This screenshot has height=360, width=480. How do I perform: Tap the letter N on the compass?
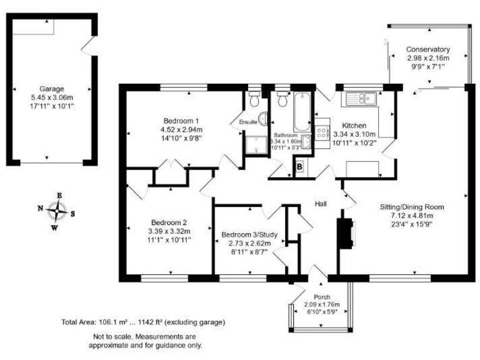click(40, 209)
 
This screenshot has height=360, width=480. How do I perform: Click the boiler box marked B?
click(300, 167)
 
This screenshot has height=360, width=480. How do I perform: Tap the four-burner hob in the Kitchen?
click(324, 132)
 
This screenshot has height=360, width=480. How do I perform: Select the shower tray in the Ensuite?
click(254, 144)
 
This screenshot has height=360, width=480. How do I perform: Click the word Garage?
click(52, 89)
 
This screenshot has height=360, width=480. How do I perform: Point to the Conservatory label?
click(427, 49)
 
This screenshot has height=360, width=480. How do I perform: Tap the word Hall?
click(321, 204)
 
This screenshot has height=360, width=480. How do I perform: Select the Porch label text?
click(322, 296)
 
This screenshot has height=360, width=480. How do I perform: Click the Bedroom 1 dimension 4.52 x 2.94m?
click(181, 129)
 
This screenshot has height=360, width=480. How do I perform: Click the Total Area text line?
click(142, 322)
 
